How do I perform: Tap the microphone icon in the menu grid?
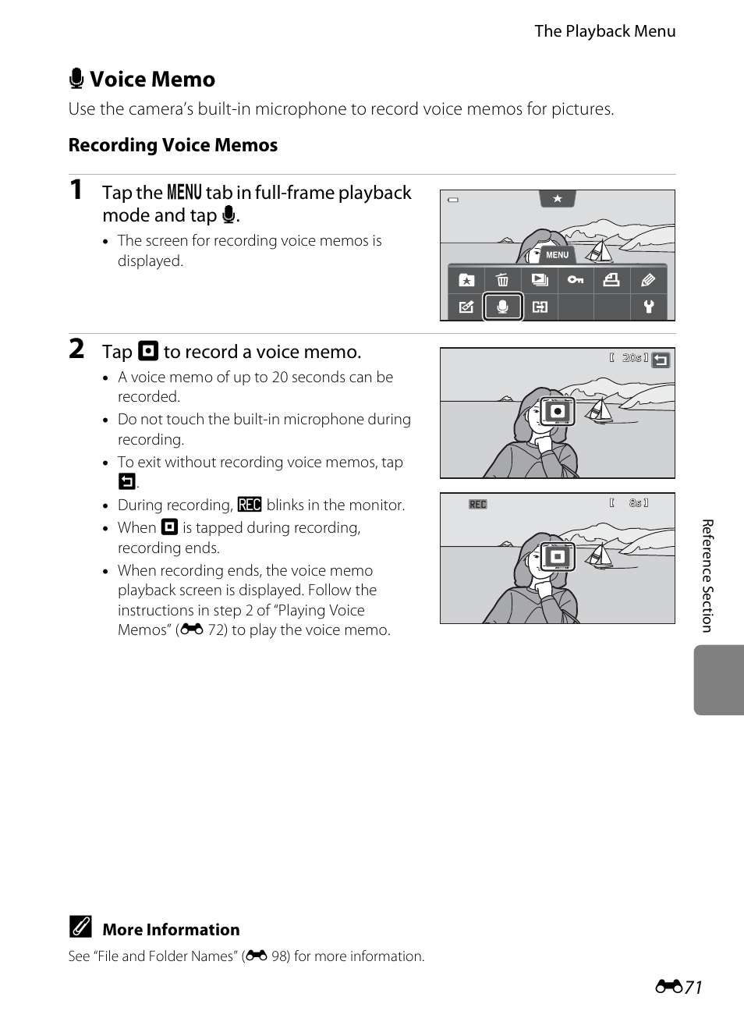pos(503,307)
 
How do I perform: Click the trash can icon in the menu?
pos(502,280)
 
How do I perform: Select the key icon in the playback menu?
pos(576,280)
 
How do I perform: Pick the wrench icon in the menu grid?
pos(648,307)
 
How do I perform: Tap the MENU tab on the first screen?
pos(557,255)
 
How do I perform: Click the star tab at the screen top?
pos(557,199)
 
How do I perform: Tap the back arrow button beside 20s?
pos(661,360)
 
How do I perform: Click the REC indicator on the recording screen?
pos(477,505)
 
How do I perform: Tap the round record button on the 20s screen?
pos(557,412)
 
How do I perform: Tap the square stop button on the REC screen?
pos(557,557)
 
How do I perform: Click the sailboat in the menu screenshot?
pos(599,251)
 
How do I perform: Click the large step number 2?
pos(76,349)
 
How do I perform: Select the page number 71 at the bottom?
pos(693,988)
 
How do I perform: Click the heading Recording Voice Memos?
pos(173,145)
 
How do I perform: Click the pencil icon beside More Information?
pos(80,927)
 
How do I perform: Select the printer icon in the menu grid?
pos(611,280)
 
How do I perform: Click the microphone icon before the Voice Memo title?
pos(76,79)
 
